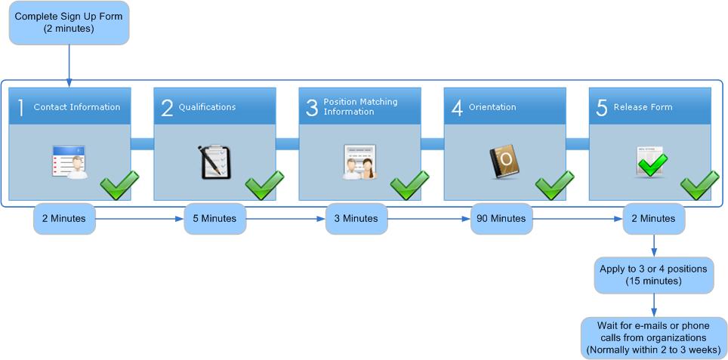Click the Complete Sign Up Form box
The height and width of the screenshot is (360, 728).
coord(69,23)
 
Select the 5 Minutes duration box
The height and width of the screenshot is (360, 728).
coord(214,219)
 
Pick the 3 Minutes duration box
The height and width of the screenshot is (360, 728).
coord(356,219)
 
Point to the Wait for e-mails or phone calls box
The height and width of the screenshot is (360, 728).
coord(653,337)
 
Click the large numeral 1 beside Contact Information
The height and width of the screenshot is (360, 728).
coord(21,107)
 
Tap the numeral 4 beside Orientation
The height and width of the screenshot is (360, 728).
coord(457,107)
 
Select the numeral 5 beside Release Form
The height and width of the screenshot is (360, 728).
coord(602,107)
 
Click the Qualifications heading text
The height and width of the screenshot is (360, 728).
coord(207,107)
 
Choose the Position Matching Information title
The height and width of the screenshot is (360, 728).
coord(360,106)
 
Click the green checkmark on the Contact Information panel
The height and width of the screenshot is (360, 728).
coord(120,184)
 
